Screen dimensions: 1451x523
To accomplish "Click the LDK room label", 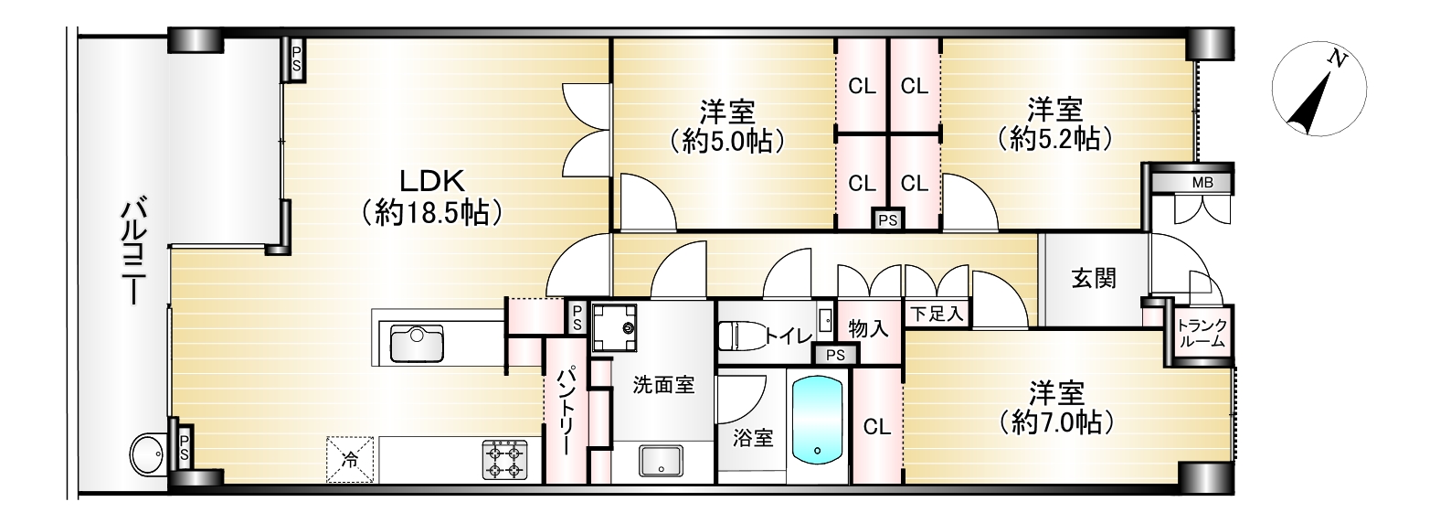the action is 432,181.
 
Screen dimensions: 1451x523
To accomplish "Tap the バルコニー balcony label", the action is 134,253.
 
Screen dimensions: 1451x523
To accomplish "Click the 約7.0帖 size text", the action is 1056,422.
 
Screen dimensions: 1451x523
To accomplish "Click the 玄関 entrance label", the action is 1094,279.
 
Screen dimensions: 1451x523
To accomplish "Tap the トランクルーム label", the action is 1202,333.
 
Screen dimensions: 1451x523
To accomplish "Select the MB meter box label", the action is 1202,183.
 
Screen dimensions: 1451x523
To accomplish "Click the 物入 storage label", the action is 869,329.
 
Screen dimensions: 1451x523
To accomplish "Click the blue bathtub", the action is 818,421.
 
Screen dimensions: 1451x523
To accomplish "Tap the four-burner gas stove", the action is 504,460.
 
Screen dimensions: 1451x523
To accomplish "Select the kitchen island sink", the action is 418,344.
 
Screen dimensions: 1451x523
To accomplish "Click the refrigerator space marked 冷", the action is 350,459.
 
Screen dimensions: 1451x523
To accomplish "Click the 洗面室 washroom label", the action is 664,386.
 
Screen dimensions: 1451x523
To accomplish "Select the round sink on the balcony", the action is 146,451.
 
